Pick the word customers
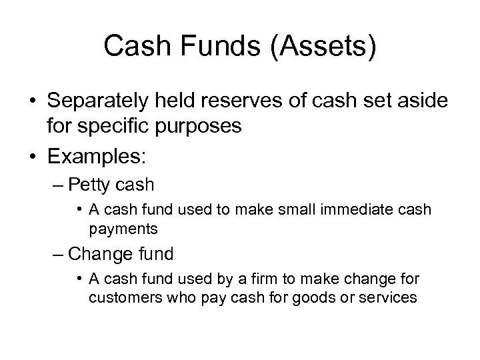click(x=118, y=298)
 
